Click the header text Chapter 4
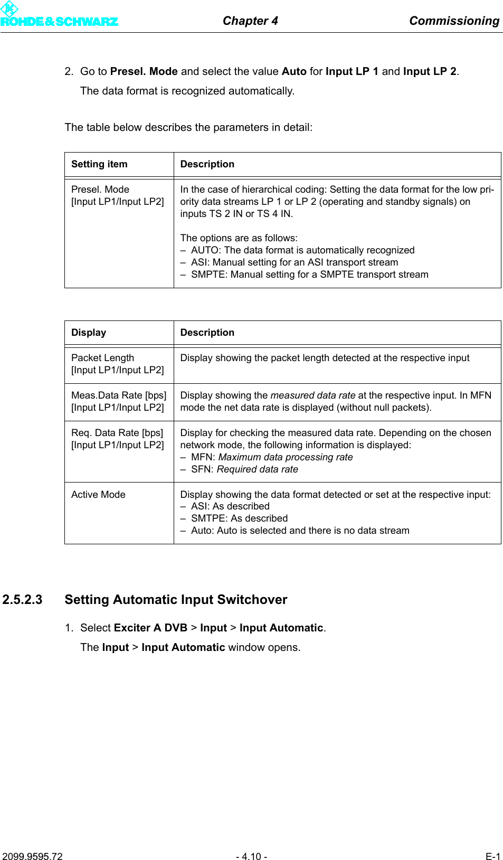250,21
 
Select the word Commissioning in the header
454,21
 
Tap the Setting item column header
99,164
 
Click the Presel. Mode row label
100,190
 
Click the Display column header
89,333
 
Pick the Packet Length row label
102,358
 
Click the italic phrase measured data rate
312,395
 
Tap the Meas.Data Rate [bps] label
119,395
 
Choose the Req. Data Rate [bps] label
117,433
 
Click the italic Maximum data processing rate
285,457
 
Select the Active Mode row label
98,495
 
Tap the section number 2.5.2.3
22,600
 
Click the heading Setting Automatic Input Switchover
176,600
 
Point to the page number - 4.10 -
251,856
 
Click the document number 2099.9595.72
32,856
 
